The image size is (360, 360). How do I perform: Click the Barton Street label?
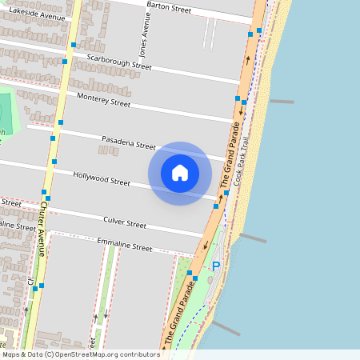[169, 9]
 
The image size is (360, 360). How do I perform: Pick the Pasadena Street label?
[128, 144]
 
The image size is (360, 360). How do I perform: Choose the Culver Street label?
[125, 222]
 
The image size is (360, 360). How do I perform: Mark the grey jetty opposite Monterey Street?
[281, 102]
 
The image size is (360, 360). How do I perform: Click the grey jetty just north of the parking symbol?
[253, 238]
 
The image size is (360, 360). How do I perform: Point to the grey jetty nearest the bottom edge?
[226, 328]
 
